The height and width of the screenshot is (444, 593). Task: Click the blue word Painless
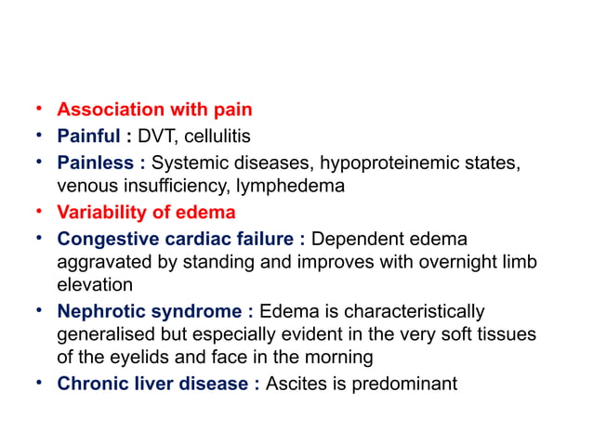pos(95,163)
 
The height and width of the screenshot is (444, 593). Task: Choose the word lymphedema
pos(291,186)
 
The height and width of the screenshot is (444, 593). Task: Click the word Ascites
pos(295,384)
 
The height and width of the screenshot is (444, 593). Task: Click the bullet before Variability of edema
pos(38,212)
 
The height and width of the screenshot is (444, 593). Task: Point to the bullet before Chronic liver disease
pos(38,384)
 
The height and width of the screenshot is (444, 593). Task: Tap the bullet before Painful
pos(38,137)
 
